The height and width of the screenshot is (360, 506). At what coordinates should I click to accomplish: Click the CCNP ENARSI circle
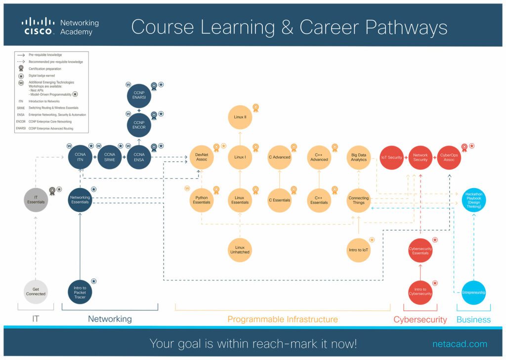coord(139,95)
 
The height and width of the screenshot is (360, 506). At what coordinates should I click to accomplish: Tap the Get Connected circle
coord(36,291)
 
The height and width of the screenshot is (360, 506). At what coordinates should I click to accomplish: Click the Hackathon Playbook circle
coord(473,200)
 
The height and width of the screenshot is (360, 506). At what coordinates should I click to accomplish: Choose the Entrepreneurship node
coord(473,293)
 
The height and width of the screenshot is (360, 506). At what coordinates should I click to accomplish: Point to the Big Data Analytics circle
coord(359,157)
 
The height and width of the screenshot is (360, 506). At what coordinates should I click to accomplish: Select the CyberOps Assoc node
coord(449,158)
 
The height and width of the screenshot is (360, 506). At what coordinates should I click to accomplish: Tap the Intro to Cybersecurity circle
coord(421,291)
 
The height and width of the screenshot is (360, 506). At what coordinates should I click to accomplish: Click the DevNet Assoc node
coord(202,157)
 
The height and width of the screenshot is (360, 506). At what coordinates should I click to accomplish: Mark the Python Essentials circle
coord(202,200)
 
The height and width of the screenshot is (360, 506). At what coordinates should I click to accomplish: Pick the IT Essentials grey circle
coord(36,200)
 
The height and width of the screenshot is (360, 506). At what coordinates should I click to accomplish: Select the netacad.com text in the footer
coord(460,344)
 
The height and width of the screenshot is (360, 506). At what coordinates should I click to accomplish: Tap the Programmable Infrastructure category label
coord(283,320)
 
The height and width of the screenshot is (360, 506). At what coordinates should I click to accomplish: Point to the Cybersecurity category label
coord(420,320)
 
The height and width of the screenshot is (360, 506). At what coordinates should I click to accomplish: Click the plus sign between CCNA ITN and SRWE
coord(95,158)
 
